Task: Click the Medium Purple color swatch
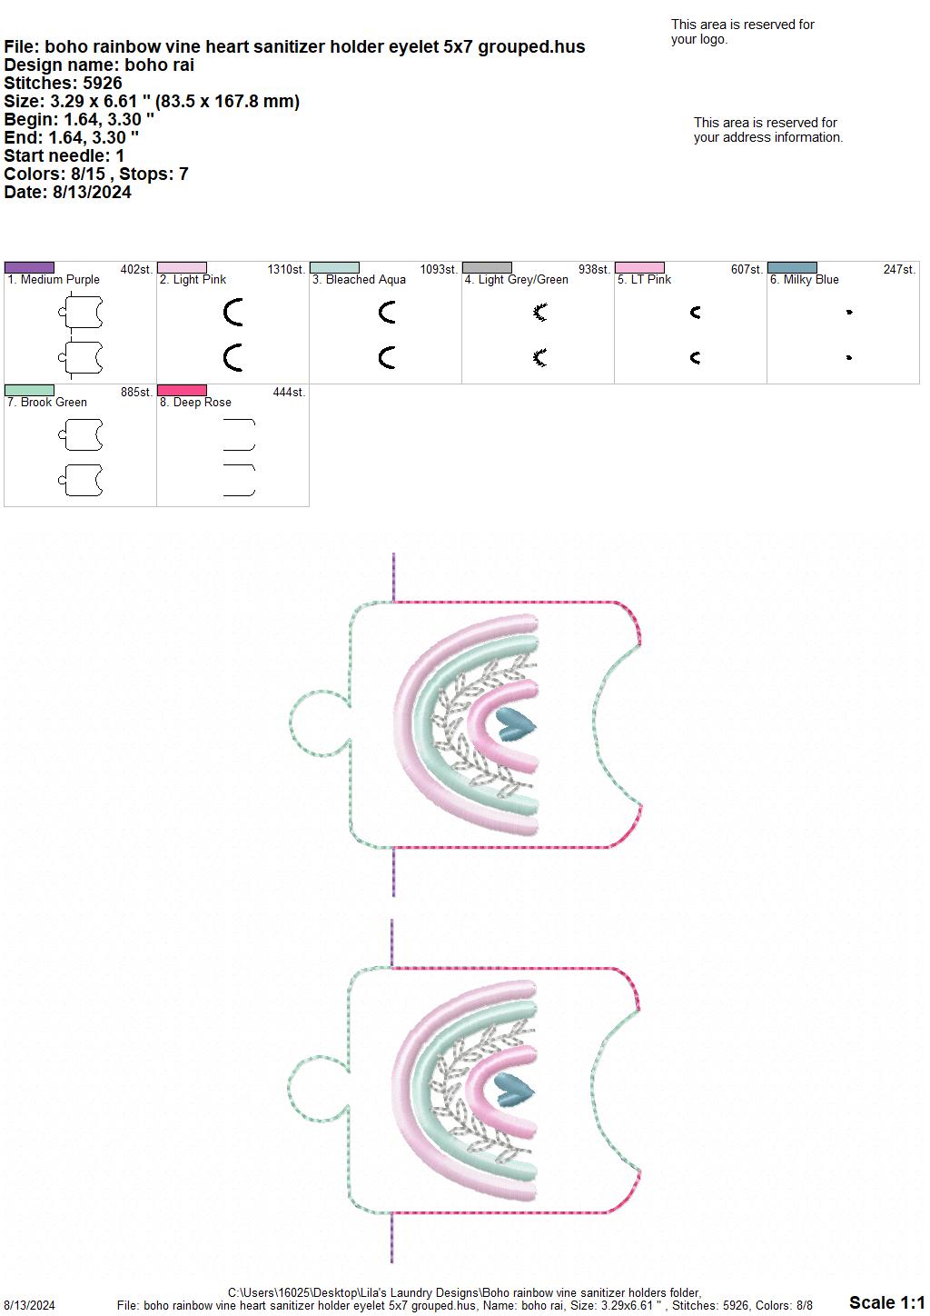(x=29, y=268)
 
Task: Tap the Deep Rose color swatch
(x=182, y=391)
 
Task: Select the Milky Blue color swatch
(x=792, y=268)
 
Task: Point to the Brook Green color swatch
(x=29, y=391)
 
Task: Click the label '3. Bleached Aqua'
(x=359, y=280)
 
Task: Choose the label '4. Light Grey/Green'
(x=516, y=280)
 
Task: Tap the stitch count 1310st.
(x=286, y=270)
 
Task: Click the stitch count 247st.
(x=899, y=270)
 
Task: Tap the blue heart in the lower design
(x=514, y=1090)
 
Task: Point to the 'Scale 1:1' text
(x=887, y=1302)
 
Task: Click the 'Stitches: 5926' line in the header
(x=63, y=83)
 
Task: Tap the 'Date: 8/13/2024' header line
(x=67, y=192)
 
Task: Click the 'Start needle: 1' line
(x=64, y=155)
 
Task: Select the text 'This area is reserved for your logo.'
(x=742, y=32)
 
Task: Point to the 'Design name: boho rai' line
(x=99, y=65)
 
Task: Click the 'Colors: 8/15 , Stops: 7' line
(x=95, y=174)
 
